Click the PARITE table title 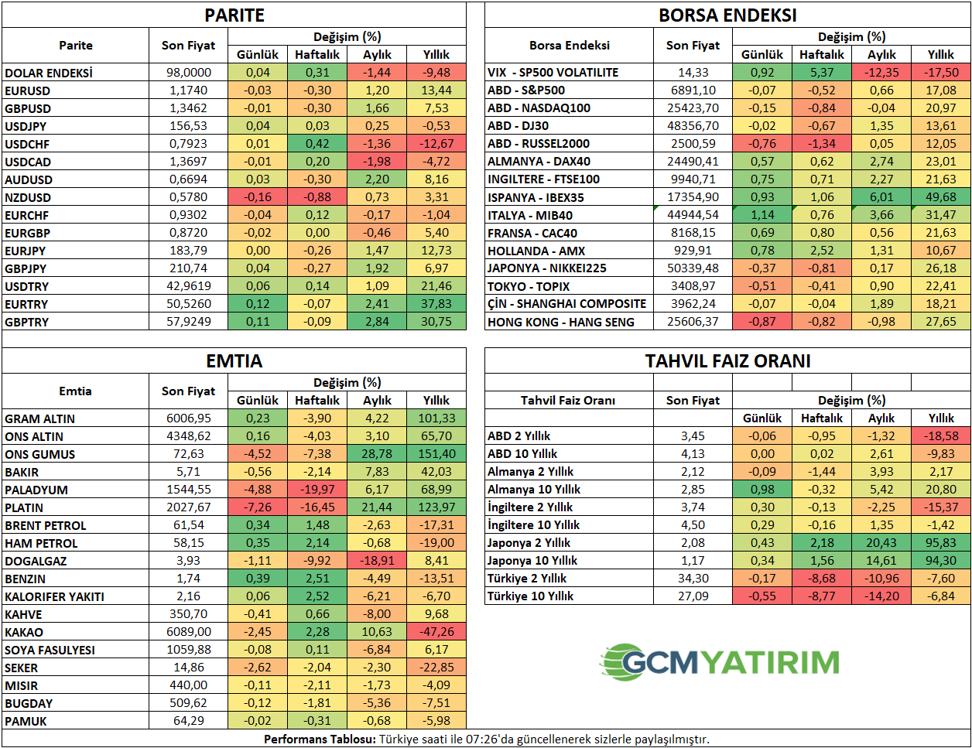click(x=234, y=15)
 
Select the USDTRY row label click(x=27, y=287)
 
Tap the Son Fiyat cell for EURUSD click(x=189, y=91)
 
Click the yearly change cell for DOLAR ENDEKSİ click(x=436, y=73)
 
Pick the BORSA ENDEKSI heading click(x=727, y=15)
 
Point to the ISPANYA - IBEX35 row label click(x=536, y=197)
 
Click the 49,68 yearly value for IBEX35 click(x=941, y=197)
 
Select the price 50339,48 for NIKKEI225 click(x=693, y=268)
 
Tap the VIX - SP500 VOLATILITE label click(x=553, y=73)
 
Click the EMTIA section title click(x=234, y=361)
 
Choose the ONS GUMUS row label click(x=40, y=454)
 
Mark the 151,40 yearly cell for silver click(x=436, y=454)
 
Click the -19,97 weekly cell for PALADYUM click(x=317, y=490)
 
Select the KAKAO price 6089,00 click(x=189, y=632)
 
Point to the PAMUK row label click(x=26, y=721)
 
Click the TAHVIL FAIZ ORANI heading click(x=727, y=361)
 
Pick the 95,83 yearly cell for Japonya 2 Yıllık click(x=941, y=543)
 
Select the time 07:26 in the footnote click(x=481, y=739)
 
